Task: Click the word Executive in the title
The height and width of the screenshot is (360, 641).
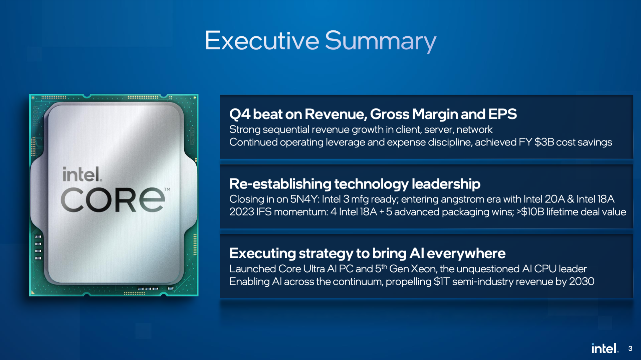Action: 262,41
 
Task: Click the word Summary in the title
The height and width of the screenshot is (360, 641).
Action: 381,41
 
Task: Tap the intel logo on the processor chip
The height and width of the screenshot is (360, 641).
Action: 82,174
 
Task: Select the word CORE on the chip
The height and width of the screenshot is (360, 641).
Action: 113,200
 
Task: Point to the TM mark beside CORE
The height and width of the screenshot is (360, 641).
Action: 167,189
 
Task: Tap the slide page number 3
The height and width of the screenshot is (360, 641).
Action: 630,348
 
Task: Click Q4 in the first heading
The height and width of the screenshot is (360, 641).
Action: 240,114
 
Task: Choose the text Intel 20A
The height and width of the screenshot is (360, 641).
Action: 544,199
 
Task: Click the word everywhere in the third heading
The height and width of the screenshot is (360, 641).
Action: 466,254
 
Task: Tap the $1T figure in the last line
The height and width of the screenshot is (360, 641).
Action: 442,282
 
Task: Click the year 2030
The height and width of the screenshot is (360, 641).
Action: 582,282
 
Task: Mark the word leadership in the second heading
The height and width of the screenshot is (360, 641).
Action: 446,184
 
